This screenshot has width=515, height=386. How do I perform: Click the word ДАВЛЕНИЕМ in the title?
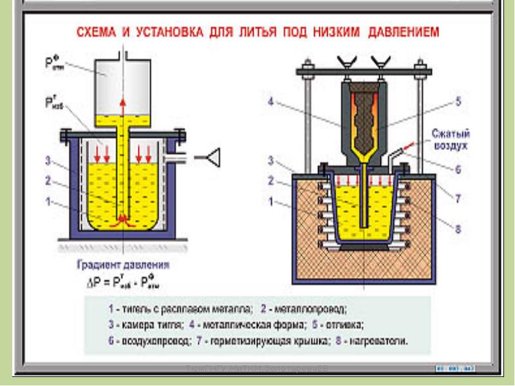point(400,32)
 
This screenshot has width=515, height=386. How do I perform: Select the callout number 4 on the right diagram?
point(271,101)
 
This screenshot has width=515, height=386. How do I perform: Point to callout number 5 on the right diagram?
point(458,101)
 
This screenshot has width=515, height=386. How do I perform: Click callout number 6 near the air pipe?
point(458,170)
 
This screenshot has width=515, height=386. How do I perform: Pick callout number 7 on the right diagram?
point(458,199)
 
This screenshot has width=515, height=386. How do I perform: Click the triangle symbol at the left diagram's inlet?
point(212,156)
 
